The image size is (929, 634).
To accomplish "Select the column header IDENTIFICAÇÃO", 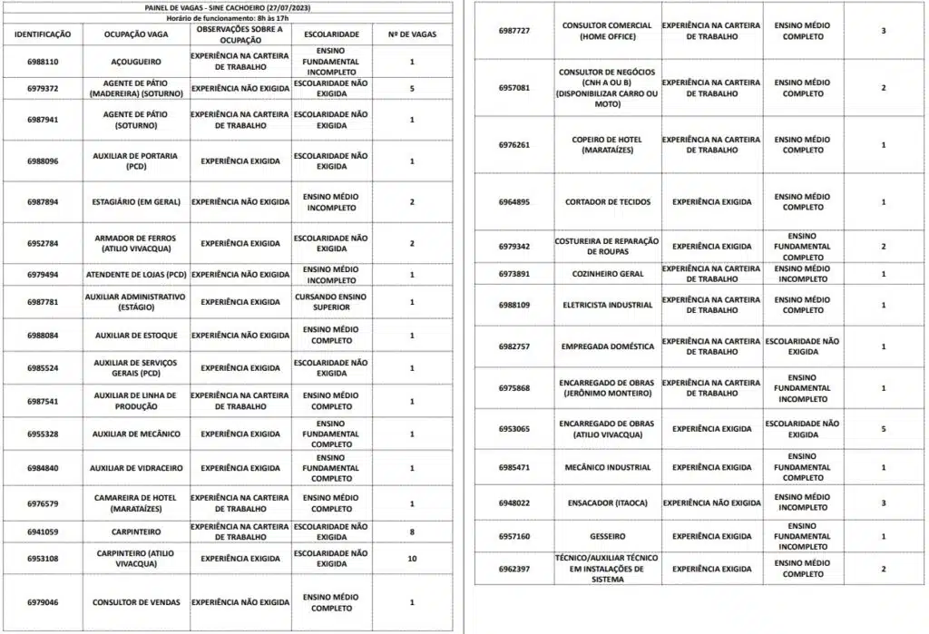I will pos(43,34).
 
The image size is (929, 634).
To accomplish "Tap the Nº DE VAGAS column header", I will pos(412,34).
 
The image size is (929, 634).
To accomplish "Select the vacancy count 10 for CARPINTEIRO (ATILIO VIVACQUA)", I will pos(412,559).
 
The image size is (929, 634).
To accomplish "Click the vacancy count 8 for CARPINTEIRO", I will pos(412,532).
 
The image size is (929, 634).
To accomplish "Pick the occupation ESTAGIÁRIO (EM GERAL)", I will pos(135,201).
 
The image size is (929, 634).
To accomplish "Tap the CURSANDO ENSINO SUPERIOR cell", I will pos(331,302).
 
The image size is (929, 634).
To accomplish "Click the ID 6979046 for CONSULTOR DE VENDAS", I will pos(43,602).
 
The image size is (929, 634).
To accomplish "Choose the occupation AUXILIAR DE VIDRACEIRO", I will pos(135,468).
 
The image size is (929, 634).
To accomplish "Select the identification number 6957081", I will pos(514,88).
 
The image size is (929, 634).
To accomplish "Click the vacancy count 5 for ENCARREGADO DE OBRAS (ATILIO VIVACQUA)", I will pos(884,429).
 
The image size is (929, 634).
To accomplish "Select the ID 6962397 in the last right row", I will pos(514,569).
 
